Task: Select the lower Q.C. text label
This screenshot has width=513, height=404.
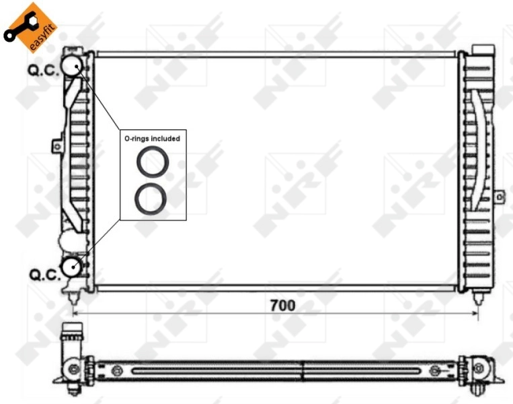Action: pyautogui.click(x=42, y=274)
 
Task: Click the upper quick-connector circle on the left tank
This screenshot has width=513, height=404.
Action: pyautogui.click(x=71, y=65)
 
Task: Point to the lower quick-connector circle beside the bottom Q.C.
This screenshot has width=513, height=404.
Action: pyautogui.click(x=71, y=267)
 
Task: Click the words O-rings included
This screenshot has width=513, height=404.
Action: pyautogui.click(x=152, y=138)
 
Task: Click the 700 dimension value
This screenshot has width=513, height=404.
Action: pyautogui.click(x=282, y=305)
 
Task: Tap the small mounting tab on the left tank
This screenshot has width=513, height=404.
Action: pyautogui.click(x=57, y=145)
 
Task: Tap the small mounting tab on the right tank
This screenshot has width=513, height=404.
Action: pyautogui.click(x=499, y=196)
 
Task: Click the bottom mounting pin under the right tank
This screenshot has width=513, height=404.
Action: pyautogui.click(x=478, y=298)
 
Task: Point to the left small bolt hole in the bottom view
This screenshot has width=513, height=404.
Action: pyautogui.click(x=118, y=369)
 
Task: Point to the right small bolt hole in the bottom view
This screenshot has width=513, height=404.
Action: pyautogui.click(x=434, y=370)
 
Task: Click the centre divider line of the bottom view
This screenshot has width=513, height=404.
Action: pyautogui.click(x=303, y=370)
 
